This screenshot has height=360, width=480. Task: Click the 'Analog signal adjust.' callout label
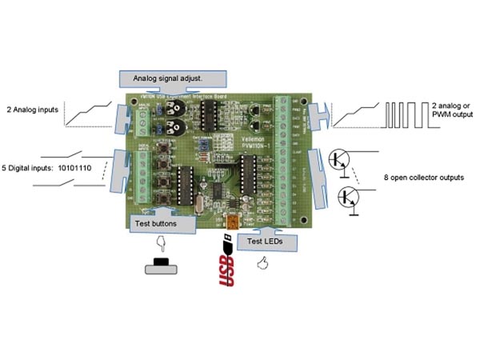point(173,78)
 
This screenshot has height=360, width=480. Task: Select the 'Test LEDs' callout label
point(264,239)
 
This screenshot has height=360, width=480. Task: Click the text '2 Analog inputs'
point(32,109)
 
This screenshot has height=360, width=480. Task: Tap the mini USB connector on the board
point(234,221)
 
